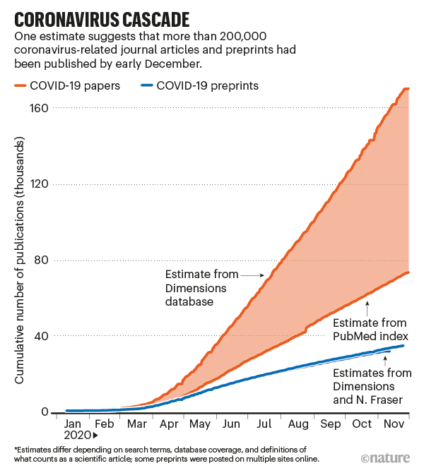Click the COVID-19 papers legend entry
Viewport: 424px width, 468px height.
pos(71,85)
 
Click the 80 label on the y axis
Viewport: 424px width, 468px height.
pos(40,260)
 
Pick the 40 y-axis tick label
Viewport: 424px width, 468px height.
pos(40,336)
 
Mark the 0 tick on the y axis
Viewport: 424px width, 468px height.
pos(43,412)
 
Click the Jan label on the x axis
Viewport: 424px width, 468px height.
pos(73,424)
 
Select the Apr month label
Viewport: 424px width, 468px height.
pos(169,424)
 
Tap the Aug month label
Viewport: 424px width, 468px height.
pos(298,424)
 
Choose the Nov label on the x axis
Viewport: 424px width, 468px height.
pos(393,424)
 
